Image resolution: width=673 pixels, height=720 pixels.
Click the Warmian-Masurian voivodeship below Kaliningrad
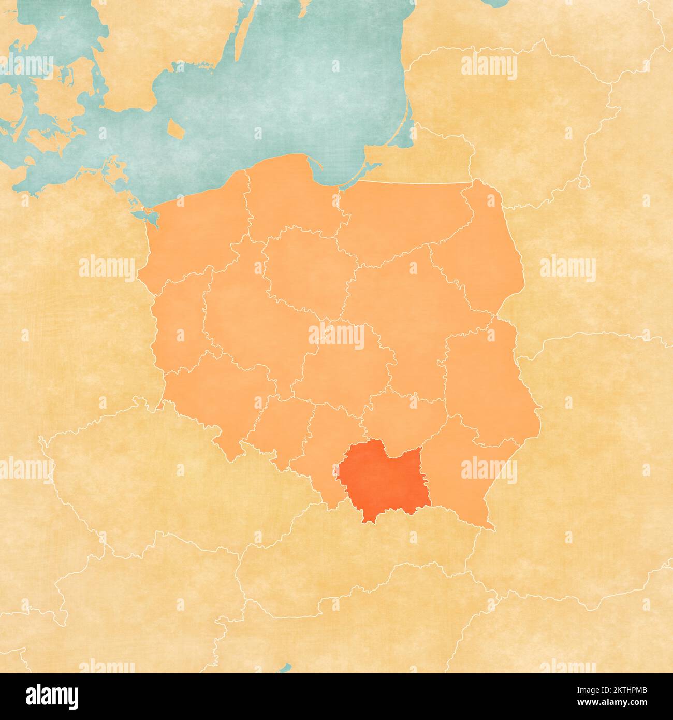pyautogui.click(x=404, y=218)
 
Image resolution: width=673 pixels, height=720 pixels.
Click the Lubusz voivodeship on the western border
pyautogui.click(x=179, y=321)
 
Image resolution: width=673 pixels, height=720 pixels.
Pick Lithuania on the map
pyautogui.click(x=518, y=119)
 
